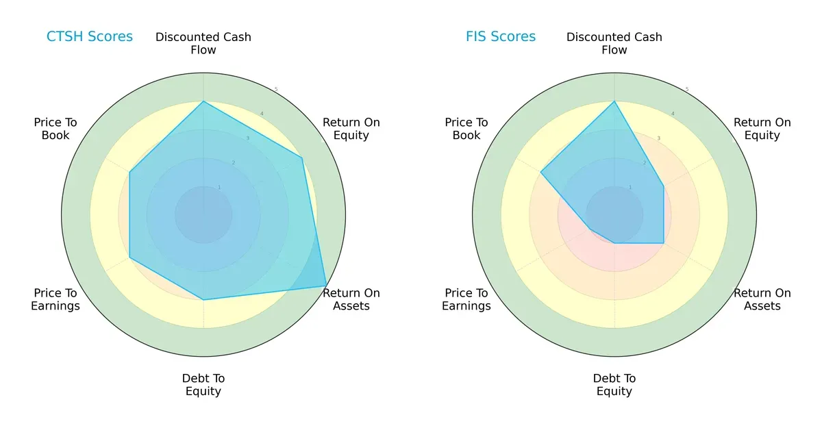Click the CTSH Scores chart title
[90, 36]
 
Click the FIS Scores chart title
[501, 36]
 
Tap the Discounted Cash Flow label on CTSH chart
[203, 43]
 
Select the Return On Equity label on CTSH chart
[351, 129]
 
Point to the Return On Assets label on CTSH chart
[351, 299]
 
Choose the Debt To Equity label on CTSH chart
[203, 385]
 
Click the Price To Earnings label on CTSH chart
[55, 299]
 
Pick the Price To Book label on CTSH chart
[55, 129]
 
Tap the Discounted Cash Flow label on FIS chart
[614, 43]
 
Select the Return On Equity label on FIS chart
[762, 129]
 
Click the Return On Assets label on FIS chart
[762, 299]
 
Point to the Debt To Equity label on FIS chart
[614, 385]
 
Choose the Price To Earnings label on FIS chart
[466, 299]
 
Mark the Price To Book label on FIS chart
[466, 129]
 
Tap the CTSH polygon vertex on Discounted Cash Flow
[203, 101]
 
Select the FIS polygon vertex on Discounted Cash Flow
[614, 101]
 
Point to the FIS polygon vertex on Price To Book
[541, 173]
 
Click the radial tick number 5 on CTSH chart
[276, 90]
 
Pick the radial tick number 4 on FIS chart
[673, 114]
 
